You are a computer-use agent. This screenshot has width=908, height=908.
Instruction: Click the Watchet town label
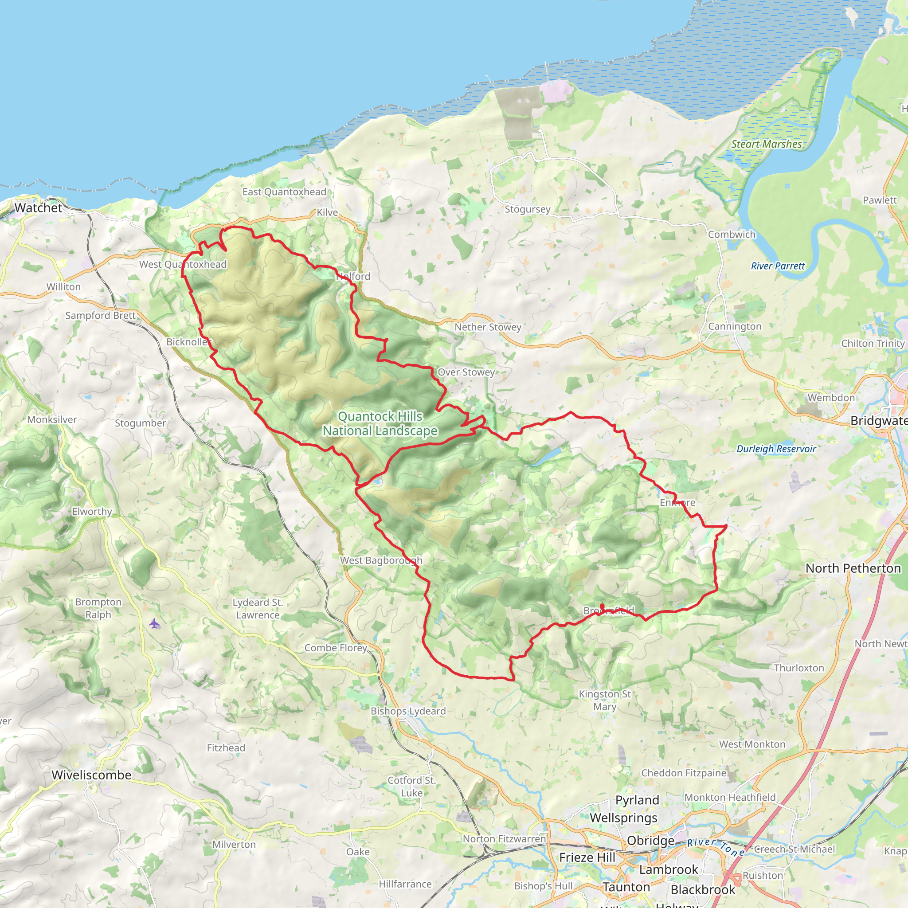[x=38, y=208]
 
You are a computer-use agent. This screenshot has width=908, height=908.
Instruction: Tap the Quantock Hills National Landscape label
[x=380, y=423]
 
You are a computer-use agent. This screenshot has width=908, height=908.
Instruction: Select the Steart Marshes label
[x=766, y=144]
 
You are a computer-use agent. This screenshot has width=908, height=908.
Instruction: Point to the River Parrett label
[x=777, y=266]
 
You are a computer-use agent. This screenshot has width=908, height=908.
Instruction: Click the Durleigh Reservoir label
[x=776, y=449]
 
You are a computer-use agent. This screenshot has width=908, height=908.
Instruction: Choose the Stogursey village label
[x=527, y=209]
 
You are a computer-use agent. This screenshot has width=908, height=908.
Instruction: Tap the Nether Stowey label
[x=488, y=327]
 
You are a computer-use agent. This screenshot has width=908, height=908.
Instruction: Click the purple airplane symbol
[x=154, y=624]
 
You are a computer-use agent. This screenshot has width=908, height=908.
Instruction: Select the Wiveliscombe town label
[x=91, y=775]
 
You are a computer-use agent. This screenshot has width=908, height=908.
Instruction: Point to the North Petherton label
[x=853, y=568]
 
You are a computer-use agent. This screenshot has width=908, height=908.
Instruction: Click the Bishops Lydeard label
[x=408, y=711]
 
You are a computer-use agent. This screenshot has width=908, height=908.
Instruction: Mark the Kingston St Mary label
[x=604, y=700]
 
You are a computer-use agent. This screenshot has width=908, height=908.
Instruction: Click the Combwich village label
[x=732, y=235]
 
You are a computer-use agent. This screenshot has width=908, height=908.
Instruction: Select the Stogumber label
[x=141, y=423]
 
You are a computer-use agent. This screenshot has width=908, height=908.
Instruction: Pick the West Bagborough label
[x=381, y=560]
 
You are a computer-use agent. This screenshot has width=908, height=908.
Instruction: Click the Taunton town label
[x=626, y=887]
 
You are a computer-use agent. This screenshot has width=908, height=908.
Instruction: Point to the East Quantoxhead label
[x=284, y=192]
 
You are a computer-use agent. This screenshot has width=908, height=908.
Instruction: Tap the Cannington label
[x=735, y=326]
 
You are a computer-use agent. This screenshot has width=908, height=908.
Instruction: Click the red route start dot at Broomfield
[x=602, y=606]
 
